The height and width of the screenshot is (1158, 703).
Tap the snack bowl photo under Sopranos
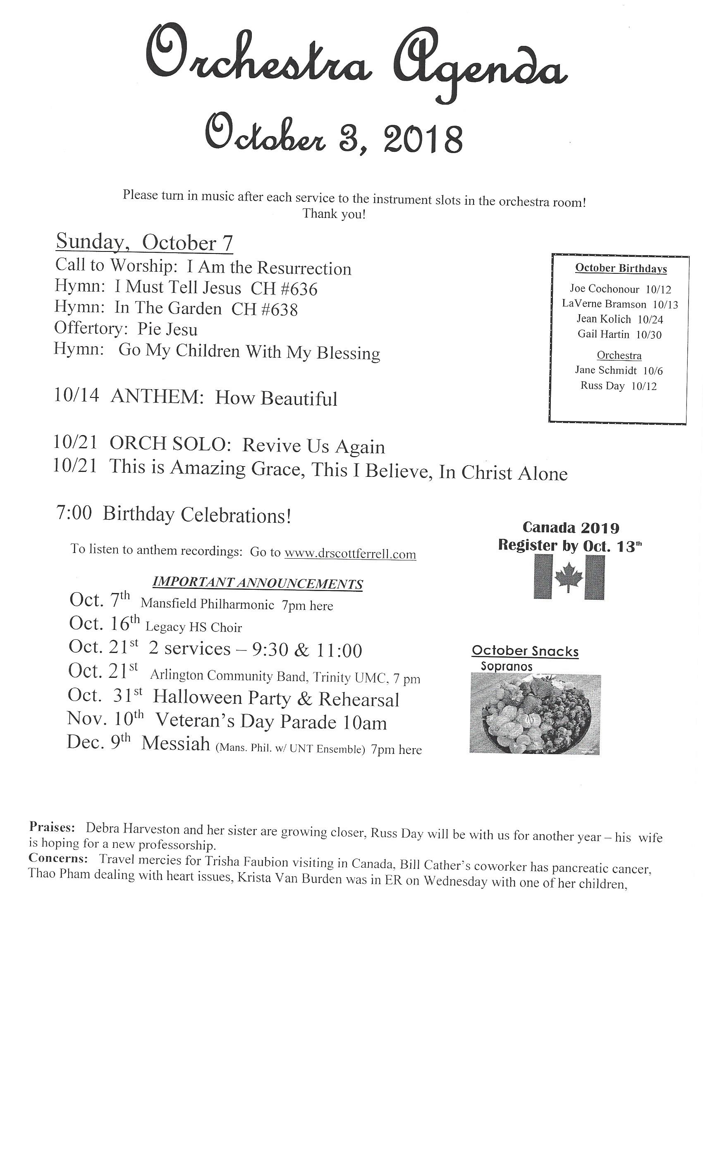click(x=535, y=713)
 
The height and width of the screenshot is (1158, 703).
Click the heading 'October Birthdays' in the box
click(x=620, y=268)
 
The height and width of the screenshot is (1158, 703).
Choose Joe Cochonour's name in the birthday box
click(x=604, y=289)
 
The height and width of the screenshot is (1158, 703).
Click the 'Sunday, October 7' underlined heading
click(x=144, y=242)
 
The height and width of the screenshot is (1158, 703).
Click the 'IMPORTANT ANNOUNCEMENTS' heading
click(x=258, y=584)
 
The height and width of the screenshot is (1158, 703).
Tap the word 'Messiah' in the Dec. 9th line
click(x=176, y=744)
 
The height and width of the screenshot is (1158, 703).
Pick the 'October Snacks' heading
click(x=525, y=651)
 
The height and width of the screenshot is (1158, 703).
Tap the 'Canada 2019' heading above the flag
click(x=571, y=528)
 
